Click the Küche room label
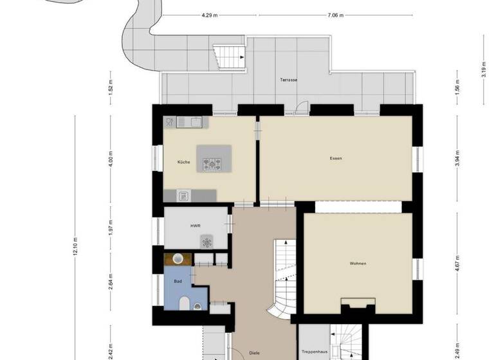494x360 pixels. pyautogui.click(x=183, y=162)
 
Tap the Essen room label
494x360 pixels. pyautogui.click(x=335, y=157)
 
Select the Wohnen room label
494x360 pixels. pyautogui.click(x=358, y=264)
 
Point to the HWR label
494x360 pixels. pyautogui.click(x=195, y=226)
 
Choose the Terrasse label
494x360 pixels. pyautogui.click(x=288, y=80)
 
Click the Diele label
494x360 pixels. pyautogui.click(x=254, y=352)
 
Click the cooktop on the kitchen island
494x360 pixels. pyautogui.click(x=214, y=165)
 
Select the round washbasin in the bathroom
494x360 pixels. pyautogui.click(x=179, y=260)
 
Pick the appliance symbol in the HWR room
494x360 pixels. pyautogui.click(x=207, y=242)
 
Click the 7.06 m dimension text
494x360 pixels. pyautogui.click(x=334, y=15)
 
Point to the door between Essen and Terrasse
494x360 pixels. pyautogui.click(x=297, y=108)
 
